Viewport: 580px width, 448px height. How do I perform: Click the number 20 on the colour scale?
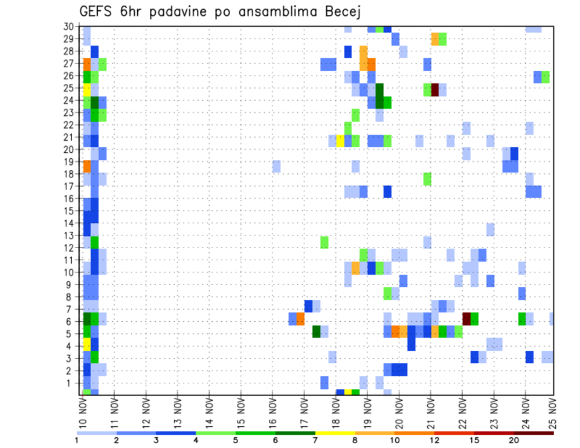514,440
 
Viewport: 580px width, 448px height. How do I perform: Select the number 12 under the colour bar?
435,440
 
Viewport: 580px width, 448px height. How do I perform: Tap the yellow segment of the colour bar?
335,432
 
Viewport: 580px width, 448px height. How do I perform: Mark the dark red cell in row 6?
466,319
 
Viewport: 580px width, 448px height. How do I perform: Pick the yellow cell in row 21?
340,141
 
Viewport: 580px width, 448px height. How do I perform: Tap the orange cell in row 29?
435,39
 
